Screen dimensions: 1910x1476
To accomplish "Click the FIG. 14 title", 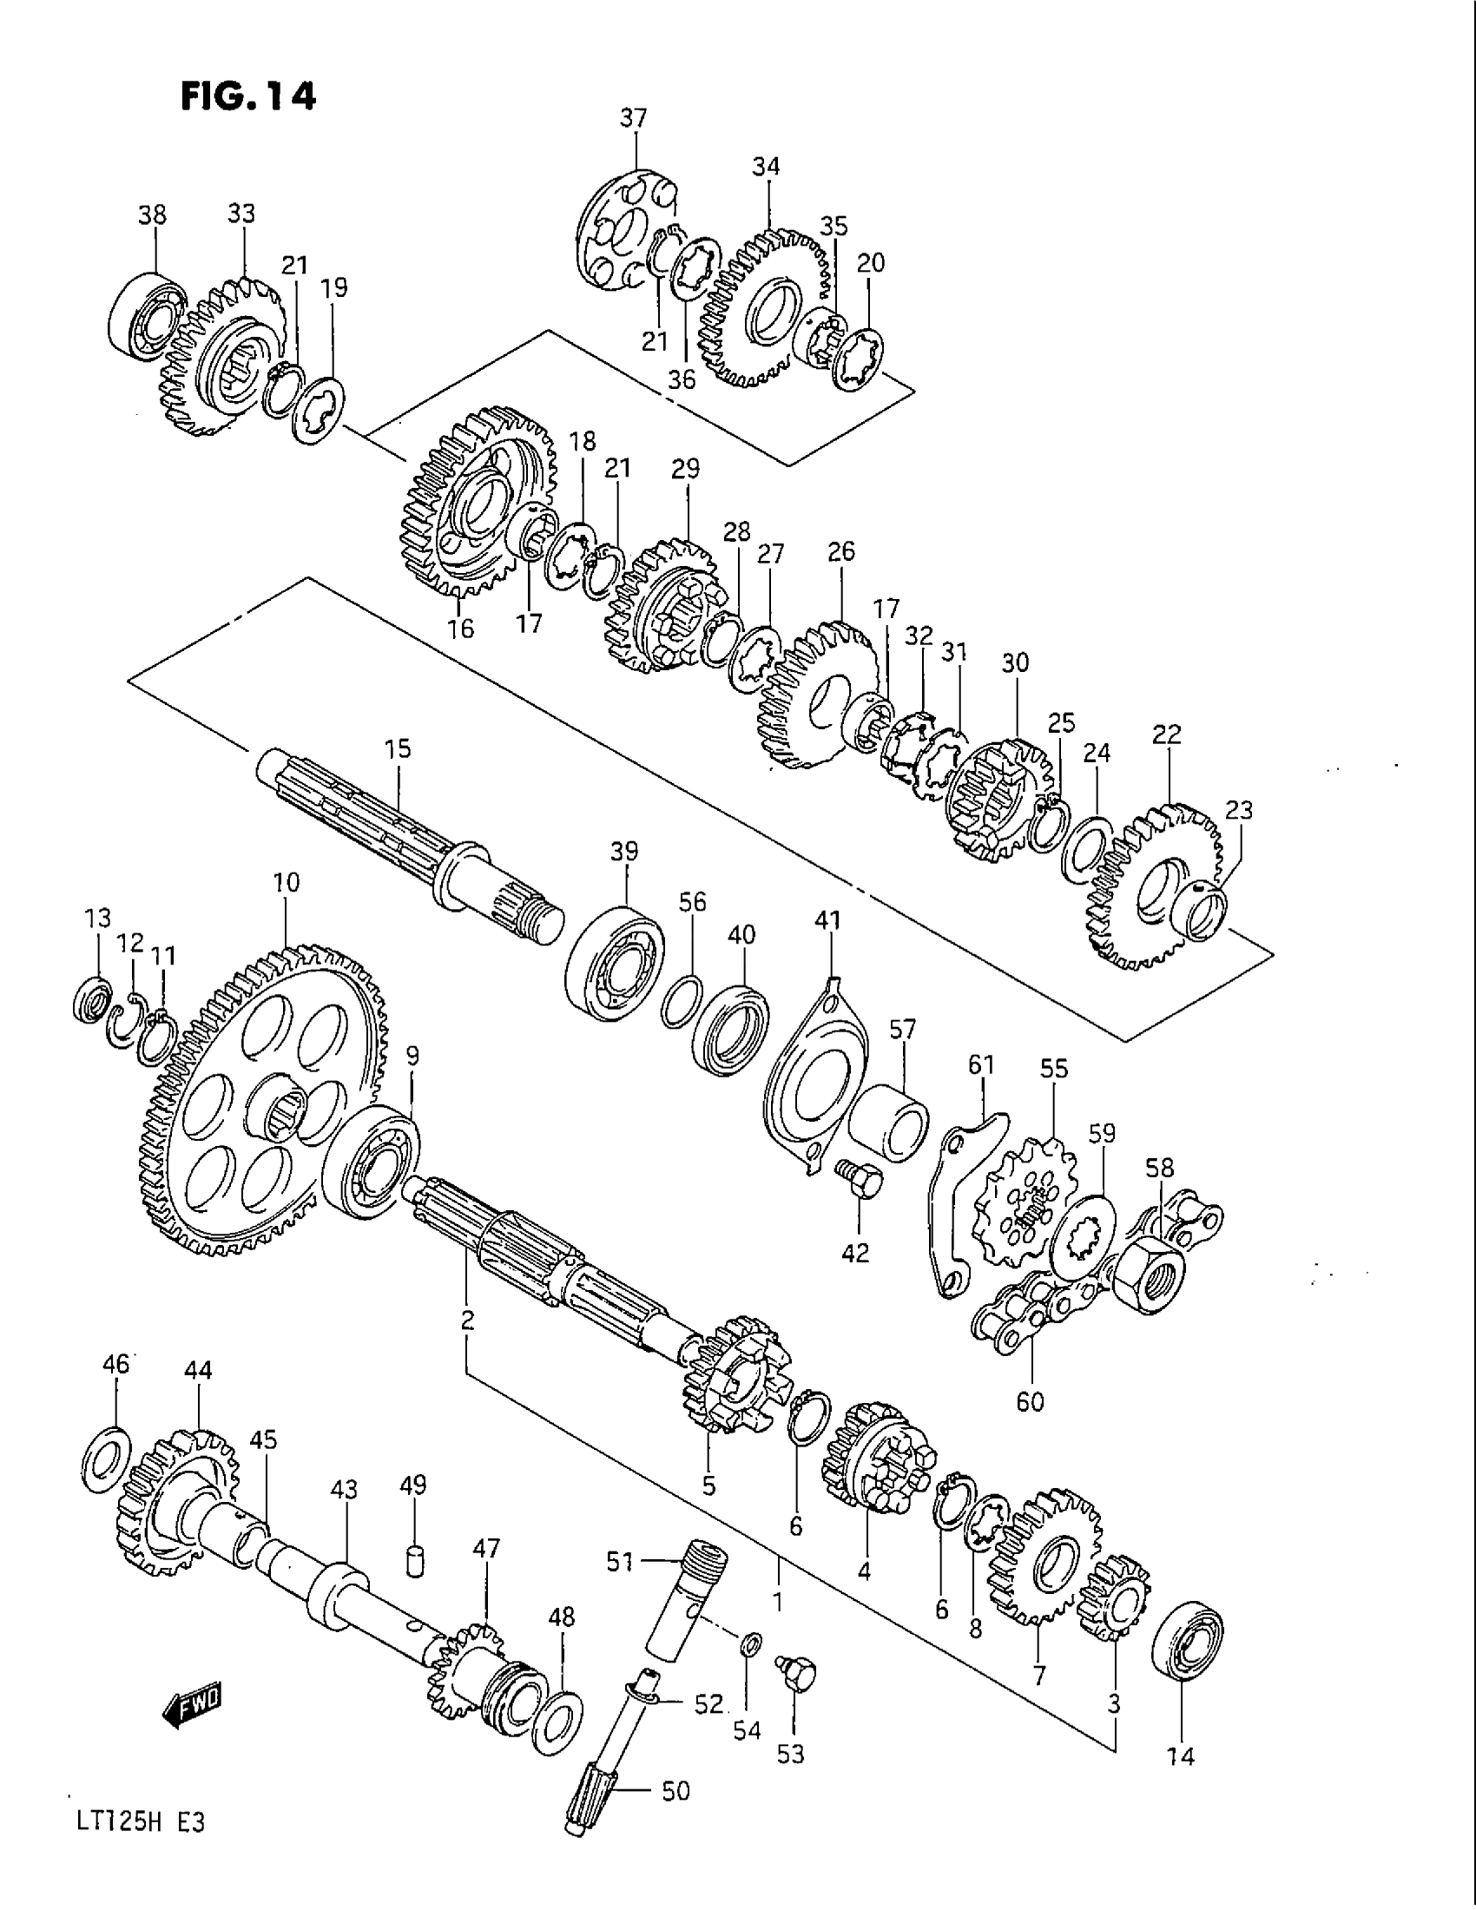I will point(247,95).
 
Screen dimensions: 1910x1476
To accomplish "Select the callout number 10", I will point(286,882).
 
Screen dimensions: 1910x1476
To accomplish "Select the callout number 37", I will point(633,118).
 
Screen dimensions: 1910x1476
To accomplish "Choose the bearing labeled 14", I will point(1187,1642).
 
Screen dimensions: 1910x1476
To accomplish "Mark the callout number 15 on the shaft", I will point(397,749).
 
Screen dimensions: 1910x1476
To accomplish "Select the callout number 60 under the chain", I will point(1030,1402).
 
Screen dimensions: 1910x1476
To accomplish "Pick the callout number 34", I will point(765,166).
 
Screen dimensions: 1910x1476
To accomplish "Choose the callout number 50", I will point(675,1791).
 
